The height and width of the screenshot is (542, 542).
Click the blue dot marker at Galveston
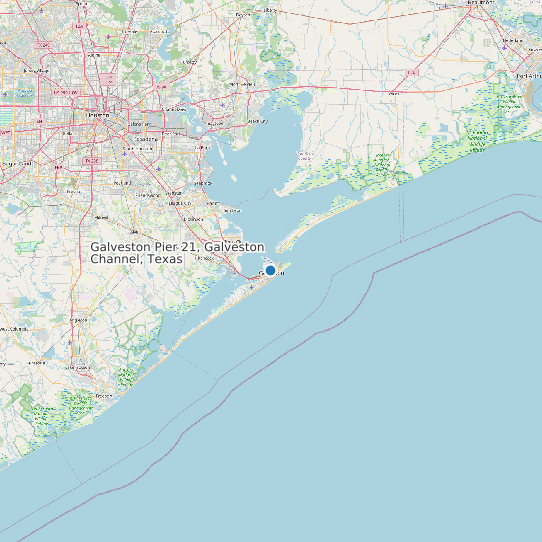point(270,270)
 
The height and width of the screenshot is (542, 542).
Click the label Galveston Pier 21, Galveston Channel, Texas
point(177,252)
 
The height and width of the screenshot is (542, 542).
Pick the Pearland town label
point(122,183)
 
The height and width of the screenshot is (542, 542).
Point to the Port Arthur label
point(527,75)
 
